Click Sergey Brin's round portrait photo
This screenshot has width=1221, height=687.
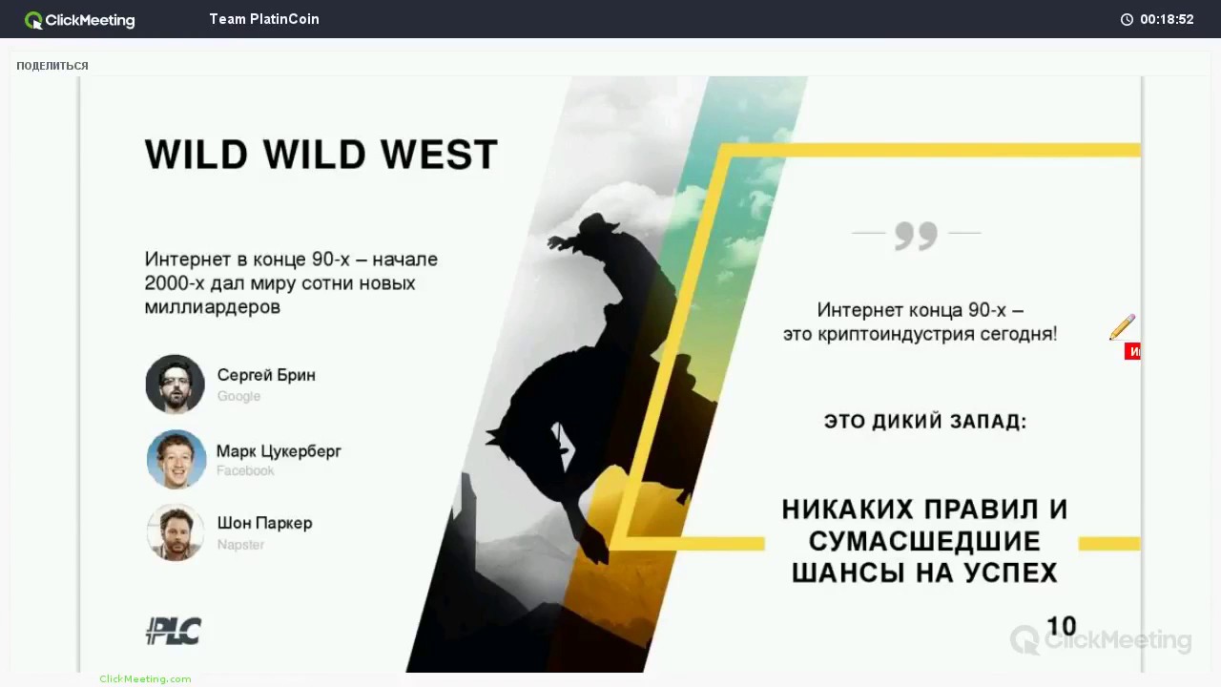point(176,385)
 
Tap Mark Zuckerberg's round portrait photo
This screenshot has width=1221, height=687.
point(176,459)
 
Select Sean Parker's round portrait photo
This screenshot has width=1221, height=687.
point(176,532)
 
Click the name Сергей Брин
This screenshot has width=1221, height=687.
point(266,375)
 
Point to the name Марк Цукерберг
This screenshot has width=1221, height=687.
point(279,451)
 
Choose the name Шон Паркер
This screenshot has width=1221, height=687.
point(264,523)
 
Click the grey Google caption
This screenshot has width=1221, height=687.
point(238,396)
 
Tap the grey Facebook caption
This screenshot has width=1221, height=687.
point(245,470)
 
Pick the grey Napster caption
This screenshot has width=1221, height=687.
point(240,545)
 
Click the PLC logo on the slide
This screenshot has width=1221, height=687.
point(174,631)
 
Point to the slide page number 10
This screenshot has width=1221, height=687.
point(1061,626)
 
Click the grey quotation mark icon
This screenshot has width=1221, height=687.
point(916,236)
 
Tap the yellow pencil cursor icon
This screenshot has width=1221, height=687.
point(1122,327)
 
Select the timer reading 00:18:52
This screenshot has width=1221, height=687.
point(1166,19)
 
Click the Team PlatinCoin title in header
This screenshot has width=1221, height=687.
point(264,19)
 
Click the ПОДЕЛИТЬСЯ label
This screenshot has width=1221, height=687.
point(52,66)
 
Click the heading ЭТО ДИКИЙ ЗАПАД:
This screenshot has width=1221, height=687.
point(924,421)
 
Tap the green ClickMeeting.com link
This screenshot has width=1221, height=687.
point(145,678)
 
